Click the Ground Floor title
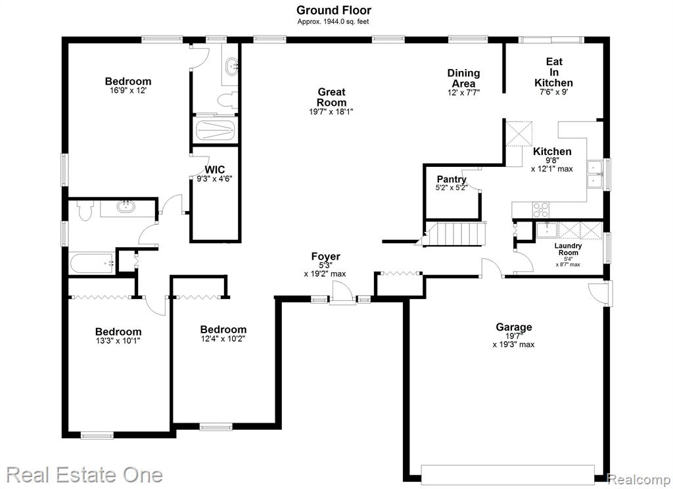pyautogui.click(x=333, y=10)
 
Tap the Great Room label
pyautogui.click(x=331, y=97)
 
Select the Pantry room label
pyautogui.click(x=452, y=179)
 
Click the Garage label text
pyautogui.click(x=514, y=327)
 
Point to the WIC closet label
pyautogui.click(x=215, y=170)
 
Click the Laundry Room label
pyautogui.click(x=568, y=249)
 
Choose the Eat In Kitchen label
pyautogui.click(x=553, y=72)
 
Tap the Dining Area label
pyautogui.click(x=463, y=78)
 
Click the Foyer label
pyautogui.click(x=326, y=256)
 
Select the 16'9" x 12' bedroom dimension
pyautogui.click(x=128, y=91)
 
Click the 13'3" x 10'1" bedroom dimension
pyautogui.click(x=118, y=341)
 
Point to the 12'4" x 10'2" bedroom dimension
pyautogui.click(x=223, y=338)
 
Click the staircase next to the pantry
pyautogui.click(x=455, y=233)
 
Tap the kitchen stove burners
pyautogui.click(x=541, y=210)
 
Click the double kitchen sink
pyautogui.click(x=595, y=174)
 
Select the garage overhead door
pyautogui.click(x=508, y=475)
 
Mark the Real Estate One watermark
pyautogui.click(x=85, y=475)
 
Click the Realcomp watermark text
pyautogui.click(x=639, y=479)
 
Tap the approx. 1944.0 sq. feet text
pyautogui.click(x=333, y=22)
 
